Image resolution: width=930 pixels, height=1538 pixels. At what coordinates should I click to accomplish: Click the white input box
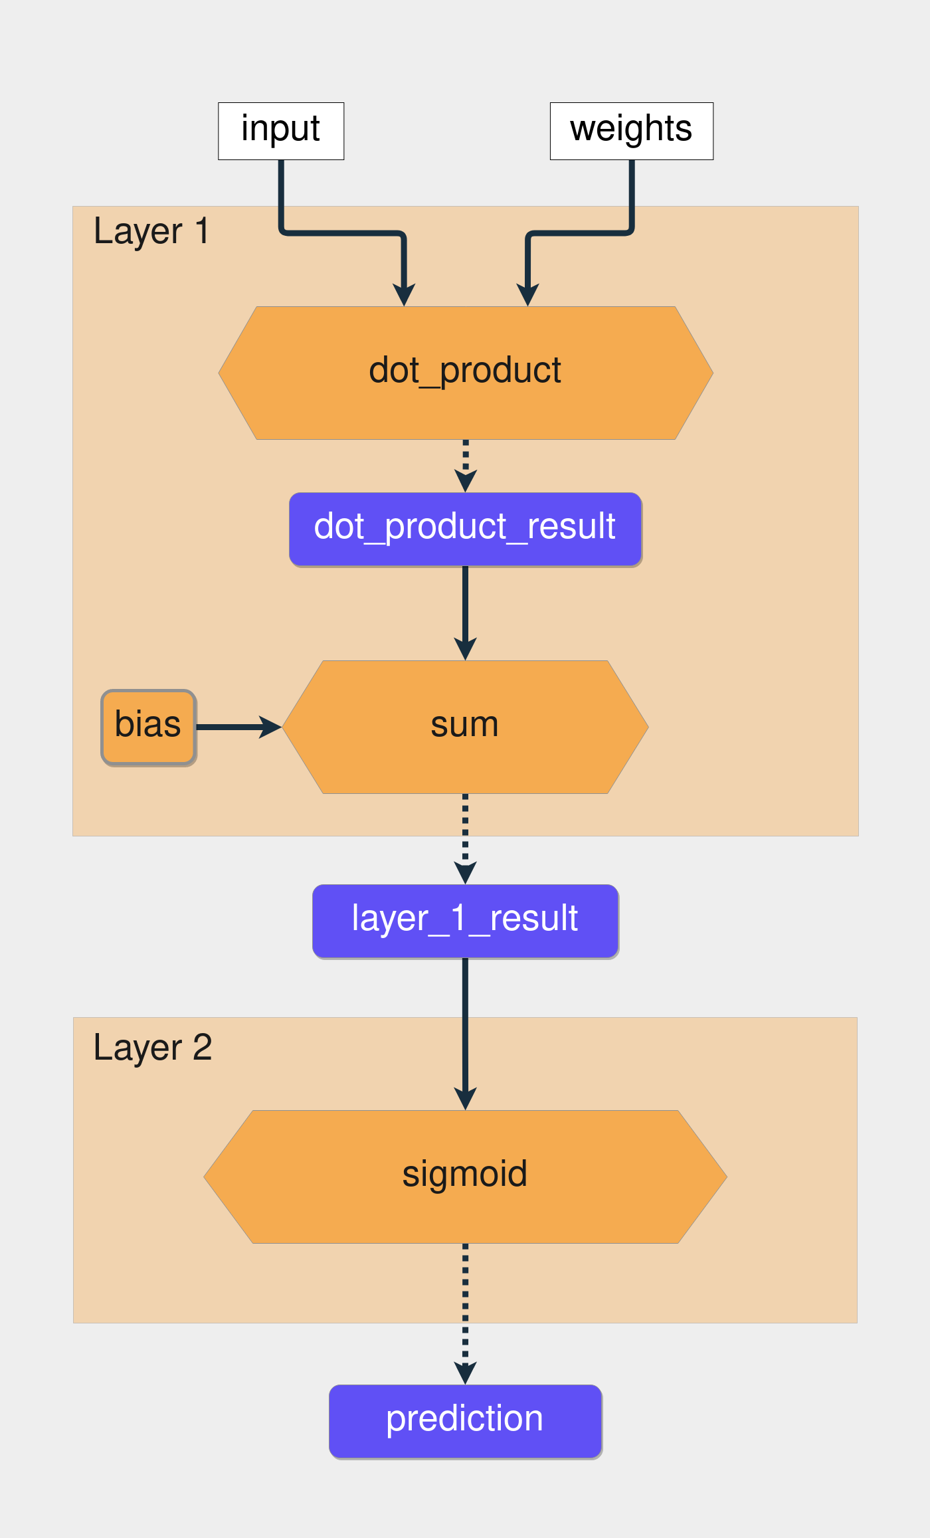(281, 131)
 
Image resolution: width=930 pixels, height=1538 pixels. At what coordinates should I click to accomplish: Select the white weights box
(631, 131)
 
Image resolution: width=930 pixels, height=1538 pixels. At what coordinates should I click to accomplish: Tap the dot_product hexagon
(465, 373)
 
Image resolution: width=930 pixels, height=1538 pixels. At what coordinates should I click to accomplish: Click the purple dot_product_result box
(465, 529)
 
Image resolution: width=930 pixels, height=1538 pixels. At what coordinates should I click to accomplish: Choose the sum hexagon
(465, 726)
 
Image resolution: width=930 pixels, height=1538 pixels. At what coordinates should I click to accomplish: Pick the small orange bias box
(148, 726)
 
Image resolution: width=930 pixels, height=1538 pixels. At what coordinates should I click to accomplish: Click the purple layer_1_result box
(465, 920)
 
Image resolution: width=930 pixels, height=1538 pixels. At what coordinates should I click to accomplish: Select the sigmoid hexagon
(465, 1176)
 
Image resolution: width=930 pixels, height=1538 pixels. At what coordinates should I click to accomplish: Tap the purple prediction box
(465, 1421)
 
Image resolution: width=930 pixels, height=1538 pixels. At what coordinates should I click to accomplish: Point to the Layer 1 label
(151, 232)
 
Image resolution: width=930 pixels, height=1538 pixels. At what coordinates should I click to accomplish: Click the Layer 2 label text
(152, 1048)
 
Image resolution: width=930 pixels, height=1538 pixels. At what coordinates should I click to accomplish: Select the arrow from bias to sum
(236, 727)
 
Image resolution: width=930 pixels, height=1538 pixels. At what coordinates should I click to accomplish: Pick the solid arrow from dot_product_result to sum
(465, 608)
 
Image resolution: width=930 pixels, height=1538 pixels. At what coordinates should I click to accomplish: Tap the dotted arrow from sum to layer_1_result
(465, 834)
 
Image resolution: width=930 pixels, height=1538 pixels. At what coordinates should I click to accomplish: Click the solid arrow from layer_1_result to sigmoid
(465, 1030)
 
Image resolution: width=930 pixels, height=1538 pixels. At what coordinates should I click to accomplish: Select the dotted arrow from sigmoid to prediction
(465, 1309)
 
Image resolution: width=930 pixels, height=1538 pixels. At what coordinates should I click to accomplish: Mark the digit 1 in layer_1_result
(458, 919)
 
